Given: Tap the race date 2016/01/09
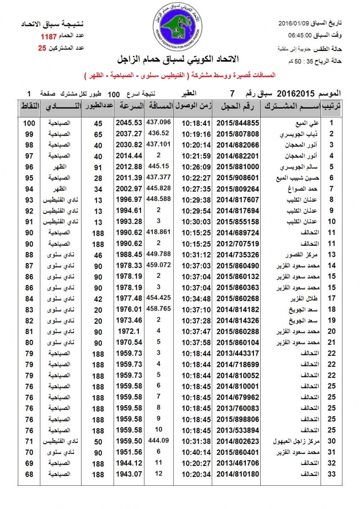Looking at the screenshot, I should point(293,23).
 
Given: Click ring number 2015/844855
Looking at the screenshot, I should point(238,123).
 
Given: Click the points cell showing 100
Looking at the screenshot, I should point(28,123).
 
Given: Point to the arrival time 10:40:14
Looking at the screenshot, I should point(196,451).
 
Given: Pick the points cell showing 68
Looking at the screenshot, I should point(28,473).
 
